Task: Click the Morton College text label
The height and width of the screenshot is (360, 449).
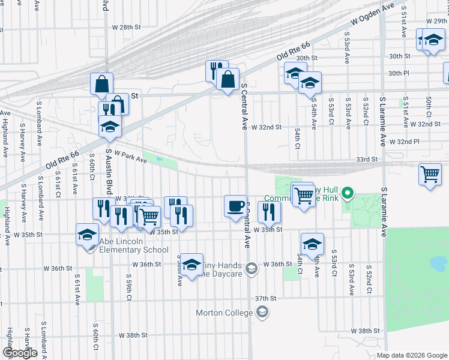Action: [224, 313]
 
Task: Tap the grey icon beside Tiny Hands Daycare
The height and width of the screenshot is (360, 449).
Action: [252, 268]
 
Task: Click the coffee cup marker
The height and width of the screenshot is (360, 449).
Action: [235, 206]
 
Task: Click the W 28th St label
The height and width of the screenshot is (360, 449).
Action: [126, 28]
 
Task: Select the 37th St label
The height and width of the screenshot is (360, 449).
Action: [265, 298]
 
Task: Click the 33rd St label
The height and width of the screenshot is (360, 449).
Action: [366, 160]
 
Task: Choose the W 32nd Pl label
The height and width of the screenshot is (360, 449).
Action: [404, 142]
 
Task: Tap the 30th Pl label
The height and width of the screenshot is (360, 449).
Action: [399, 73]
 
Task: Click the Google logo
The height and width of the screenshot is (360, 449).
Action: [20, 353]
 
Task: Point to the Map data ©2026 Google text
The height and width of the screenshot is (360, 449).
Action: [412, 355]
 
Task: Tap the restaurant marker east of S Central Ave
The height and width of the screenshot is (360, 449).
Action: [268, 211]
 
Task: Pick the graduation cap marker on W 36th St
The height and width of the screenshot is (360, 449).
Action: [191, 265]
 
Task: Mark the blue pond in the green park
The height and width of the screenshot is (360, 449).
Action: [438, 263]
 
